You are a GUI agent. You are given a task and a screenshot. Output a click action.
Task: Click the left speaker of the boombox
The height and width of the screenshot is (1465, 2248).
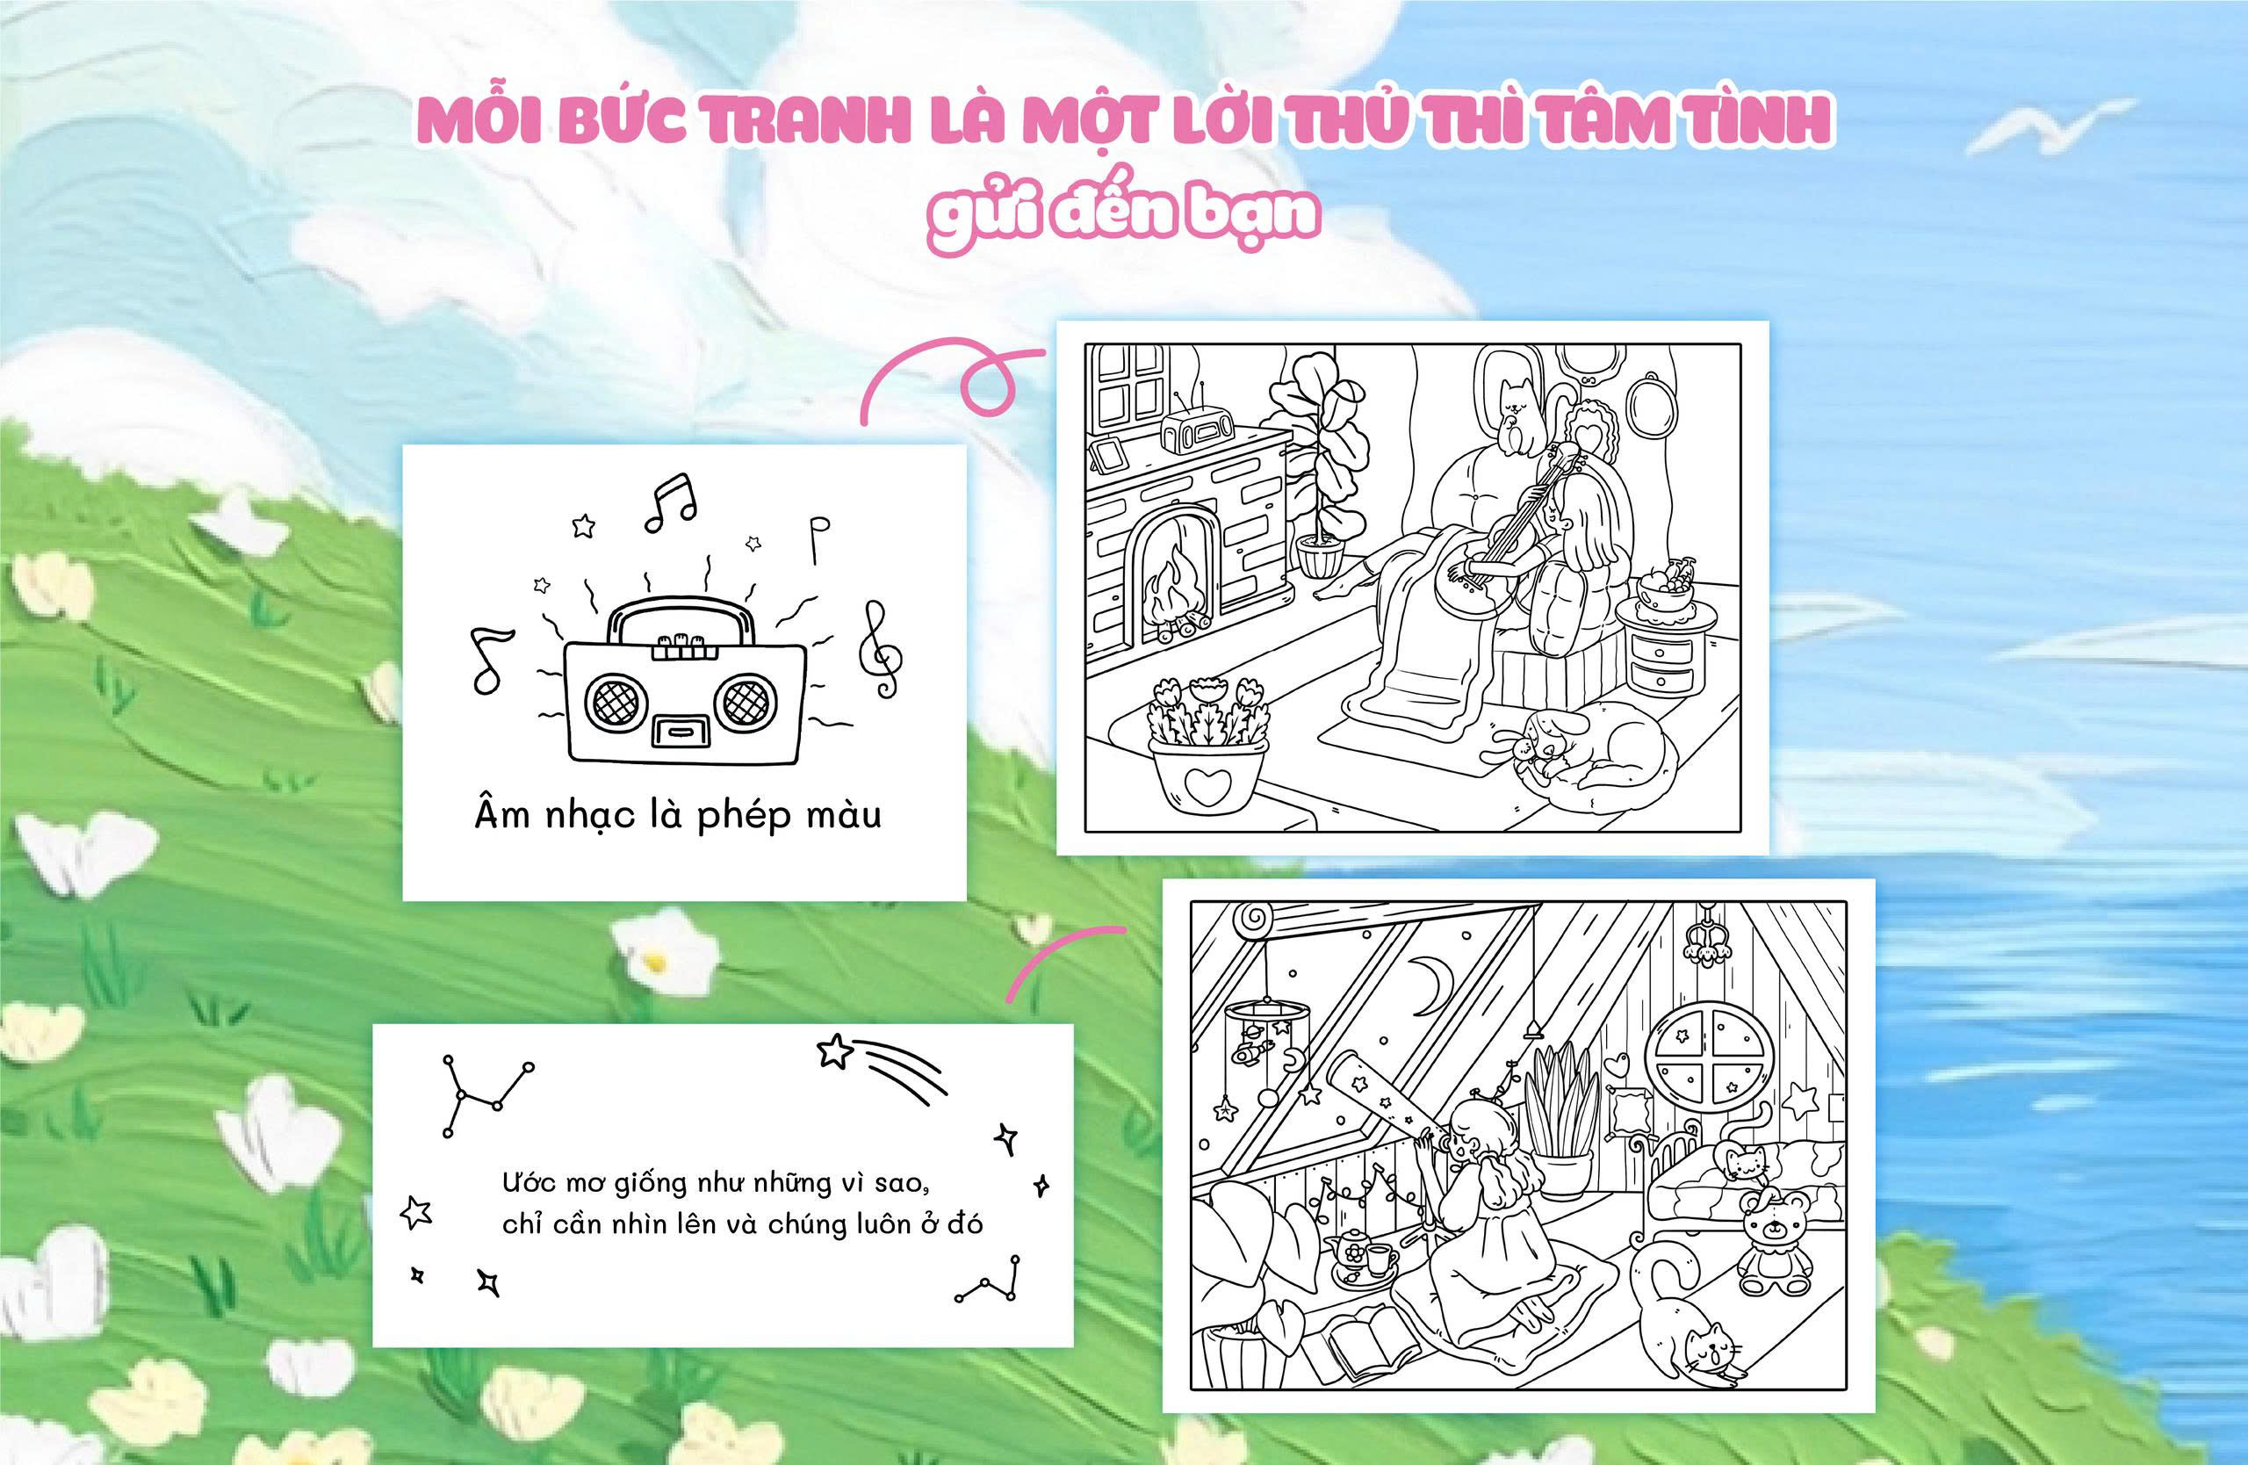point(612,700)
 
